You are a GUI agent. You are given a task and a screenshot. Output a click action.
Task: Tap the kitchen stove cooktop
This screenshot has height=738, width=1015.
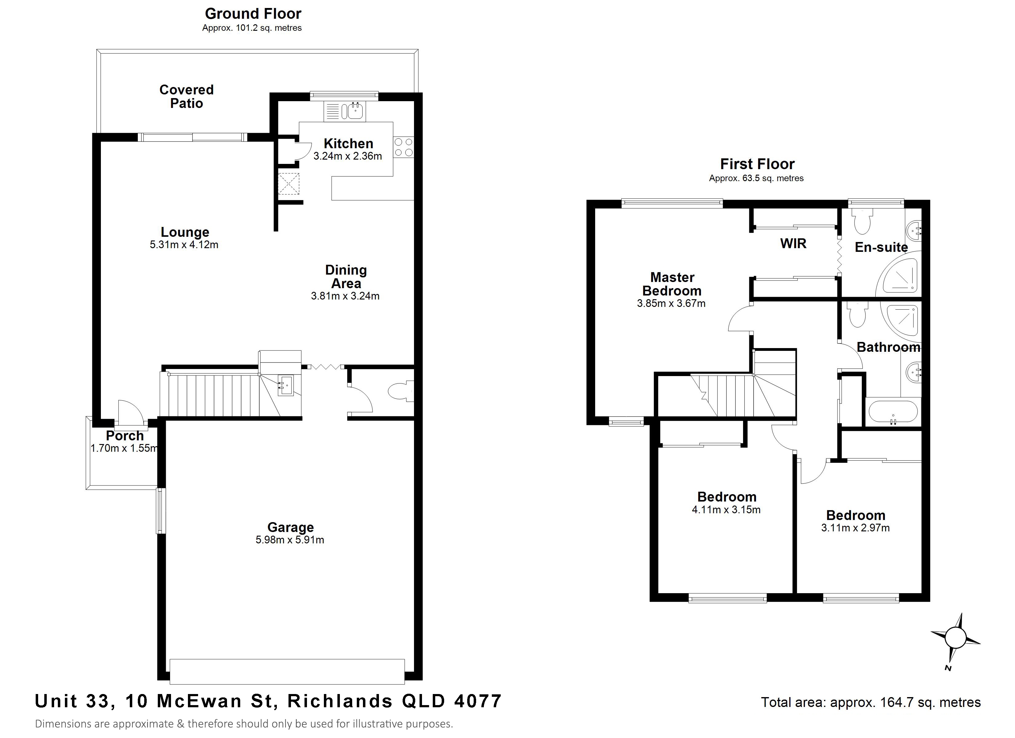coord(404,148)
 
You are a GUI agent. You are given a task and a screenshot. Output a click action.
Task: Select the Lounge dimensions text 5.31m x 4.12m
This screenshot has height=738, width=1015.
coord(184,245)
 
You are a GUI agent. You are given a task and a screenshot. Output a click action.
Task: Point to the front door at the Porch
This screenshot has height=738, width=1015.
coord(130,412)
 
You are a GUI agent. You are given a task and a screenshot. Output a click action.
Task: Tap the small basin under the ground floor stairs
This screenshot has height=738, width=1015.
coord(285,385)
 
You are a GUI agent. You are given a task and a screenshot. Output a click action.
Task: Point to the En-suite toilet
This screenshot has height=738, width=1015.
coord(862,221)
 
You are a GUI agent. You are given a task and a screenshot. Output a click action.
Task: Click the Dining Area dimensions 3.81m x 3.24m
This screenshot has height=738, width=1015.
coord(345,296)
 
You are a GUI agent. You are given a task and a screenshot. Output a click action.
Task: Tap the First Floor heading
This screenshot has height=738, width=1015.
coord(757,164)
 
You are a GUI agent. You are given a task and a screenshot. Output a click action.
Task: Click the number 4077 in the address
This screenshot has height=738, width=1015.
coord(478,701)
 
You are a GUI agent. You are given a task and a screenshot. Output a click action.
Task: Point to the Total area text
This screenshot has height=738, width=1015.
coord(870,702)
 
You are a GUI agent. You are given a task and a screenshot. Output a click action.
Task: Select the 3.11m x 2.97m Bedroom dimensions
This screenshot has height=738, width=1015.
coord(855,528)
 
